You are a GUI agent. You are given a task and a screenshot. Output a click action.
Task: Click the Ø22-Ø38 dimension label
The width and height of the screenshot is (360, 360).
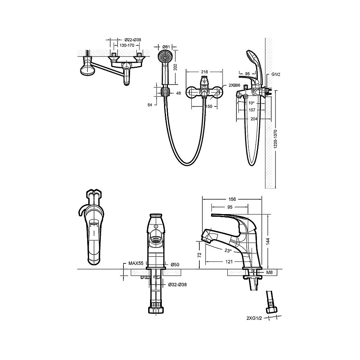(x=133, y=40)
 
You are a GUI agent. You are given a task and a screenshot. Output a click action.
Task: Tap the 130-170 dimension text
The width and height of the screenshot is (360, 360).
(x=127, y=45)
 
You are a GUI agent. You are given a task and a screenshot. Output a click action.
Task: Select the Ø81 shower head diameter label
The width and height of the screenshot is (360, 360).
(x=166, y=47)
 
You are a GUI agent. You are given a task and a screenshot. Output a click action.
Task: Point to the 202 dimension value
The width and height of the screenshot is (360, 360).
(x=175, y=67)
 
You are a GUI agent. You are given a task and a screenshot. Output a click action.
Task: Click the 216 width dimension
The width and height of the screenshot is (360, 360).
(x=204, y=72)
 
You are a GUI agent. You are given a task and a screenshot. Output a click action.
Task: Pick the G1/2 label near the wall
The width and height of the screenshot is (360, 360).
(x=276, y=74)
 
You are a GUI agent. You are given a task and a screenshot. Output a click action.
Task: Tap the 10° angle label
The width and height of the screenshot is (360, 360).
(x=252, y=103)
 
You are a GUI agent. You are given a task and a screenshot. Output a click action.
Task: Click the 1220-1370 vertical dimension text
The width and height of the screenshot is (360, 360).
(x=276, y=139)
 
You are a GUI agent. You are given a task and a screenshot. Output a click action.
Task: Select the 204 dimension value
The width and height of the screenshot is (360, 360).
(x=254, y=119)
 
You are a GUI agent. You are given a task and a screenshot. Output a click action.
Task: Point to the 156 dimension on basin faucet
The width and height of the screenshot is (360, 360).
(x=232, y=199)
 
